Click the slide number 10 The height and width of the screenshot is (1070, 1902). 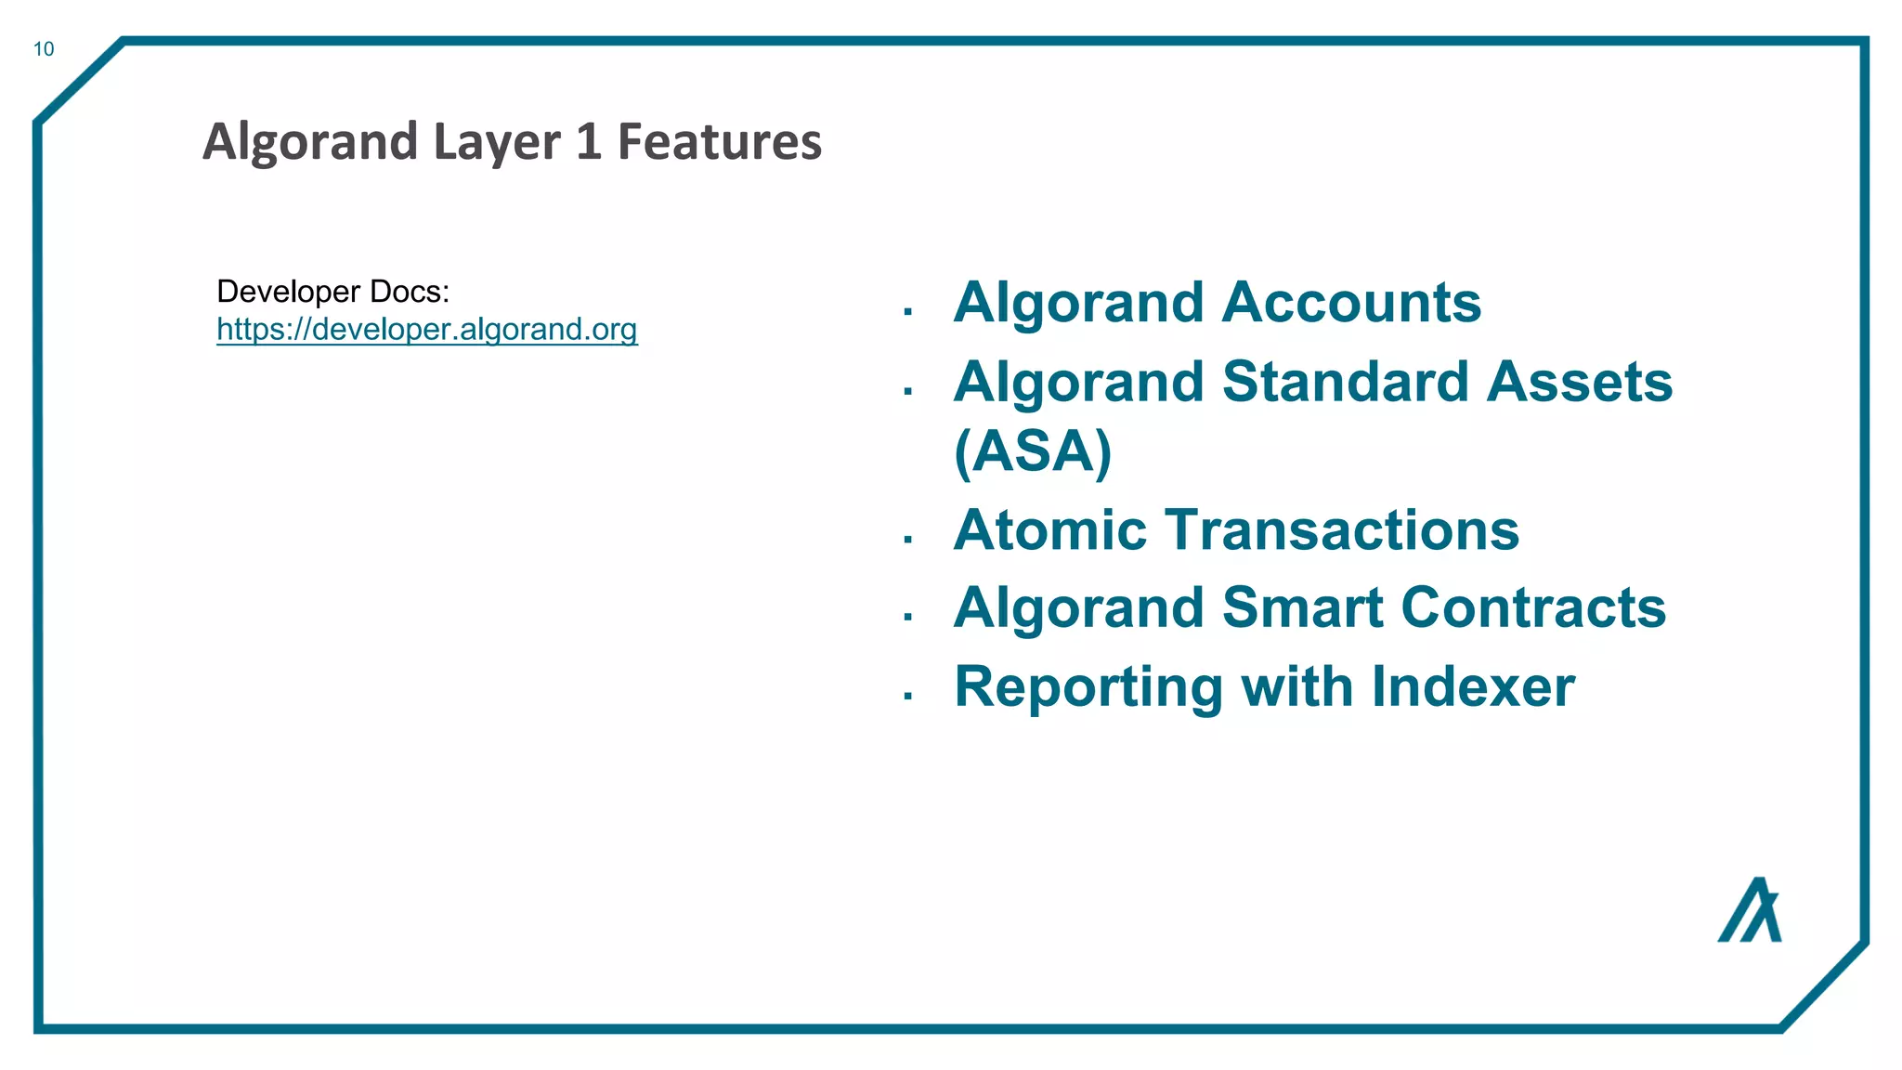point(44,49)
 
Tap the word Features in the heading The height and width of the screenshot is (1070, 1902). point(720,142)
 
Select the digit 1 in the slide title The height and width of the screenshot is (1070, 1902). point(589,142)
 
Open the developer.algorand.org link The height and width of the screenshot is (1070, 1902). point(427,330)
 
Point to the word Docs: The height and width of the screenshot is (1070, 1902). point(410,292)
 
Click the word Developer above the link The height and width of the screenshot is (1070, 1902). point(288,292)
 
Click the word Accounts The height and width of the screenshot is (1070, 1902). point(1351,303)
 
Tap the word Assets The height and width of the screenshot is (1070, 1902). point(1580,382)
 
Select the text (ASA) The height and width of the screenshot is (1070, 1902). point(1033,452)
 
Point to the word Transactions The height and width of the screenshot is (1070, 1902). point(1342,530)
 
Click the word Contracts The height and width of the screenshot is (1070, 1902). point(1533,608)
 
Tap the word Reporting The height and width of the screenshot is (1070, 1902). point(1088,687)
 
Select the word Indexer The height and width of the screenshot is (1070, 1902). point(1473,687)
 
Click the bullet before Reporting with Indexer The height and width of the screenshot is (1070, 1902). point(908,696)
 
